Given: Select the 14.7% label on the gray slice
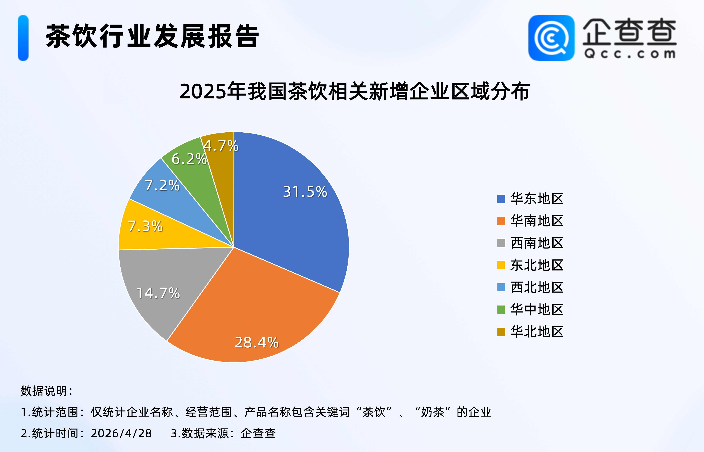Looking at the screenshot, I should click(x=158, y=293).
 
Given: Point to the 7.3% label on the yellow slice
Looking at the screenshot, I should click(x=145, y=226).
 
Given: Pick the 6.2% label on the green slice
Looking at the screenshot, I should click(x=189, y=159).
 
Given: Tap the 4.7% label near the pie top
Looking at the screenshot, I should click(x=221, y=146).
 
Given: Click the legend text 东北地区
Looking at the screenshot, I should click(x=537, y=265).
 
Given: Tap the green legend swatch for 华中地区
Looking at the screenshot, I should click(x=501, y=309).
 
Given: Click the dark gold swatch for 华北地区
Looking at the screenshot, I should click(x=501, y=332).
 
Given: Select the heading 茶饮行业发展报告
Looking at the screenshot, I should click(x=152, y=36).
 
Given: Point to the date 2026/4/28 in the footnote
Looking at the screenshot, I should click(x=121, y=433).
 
